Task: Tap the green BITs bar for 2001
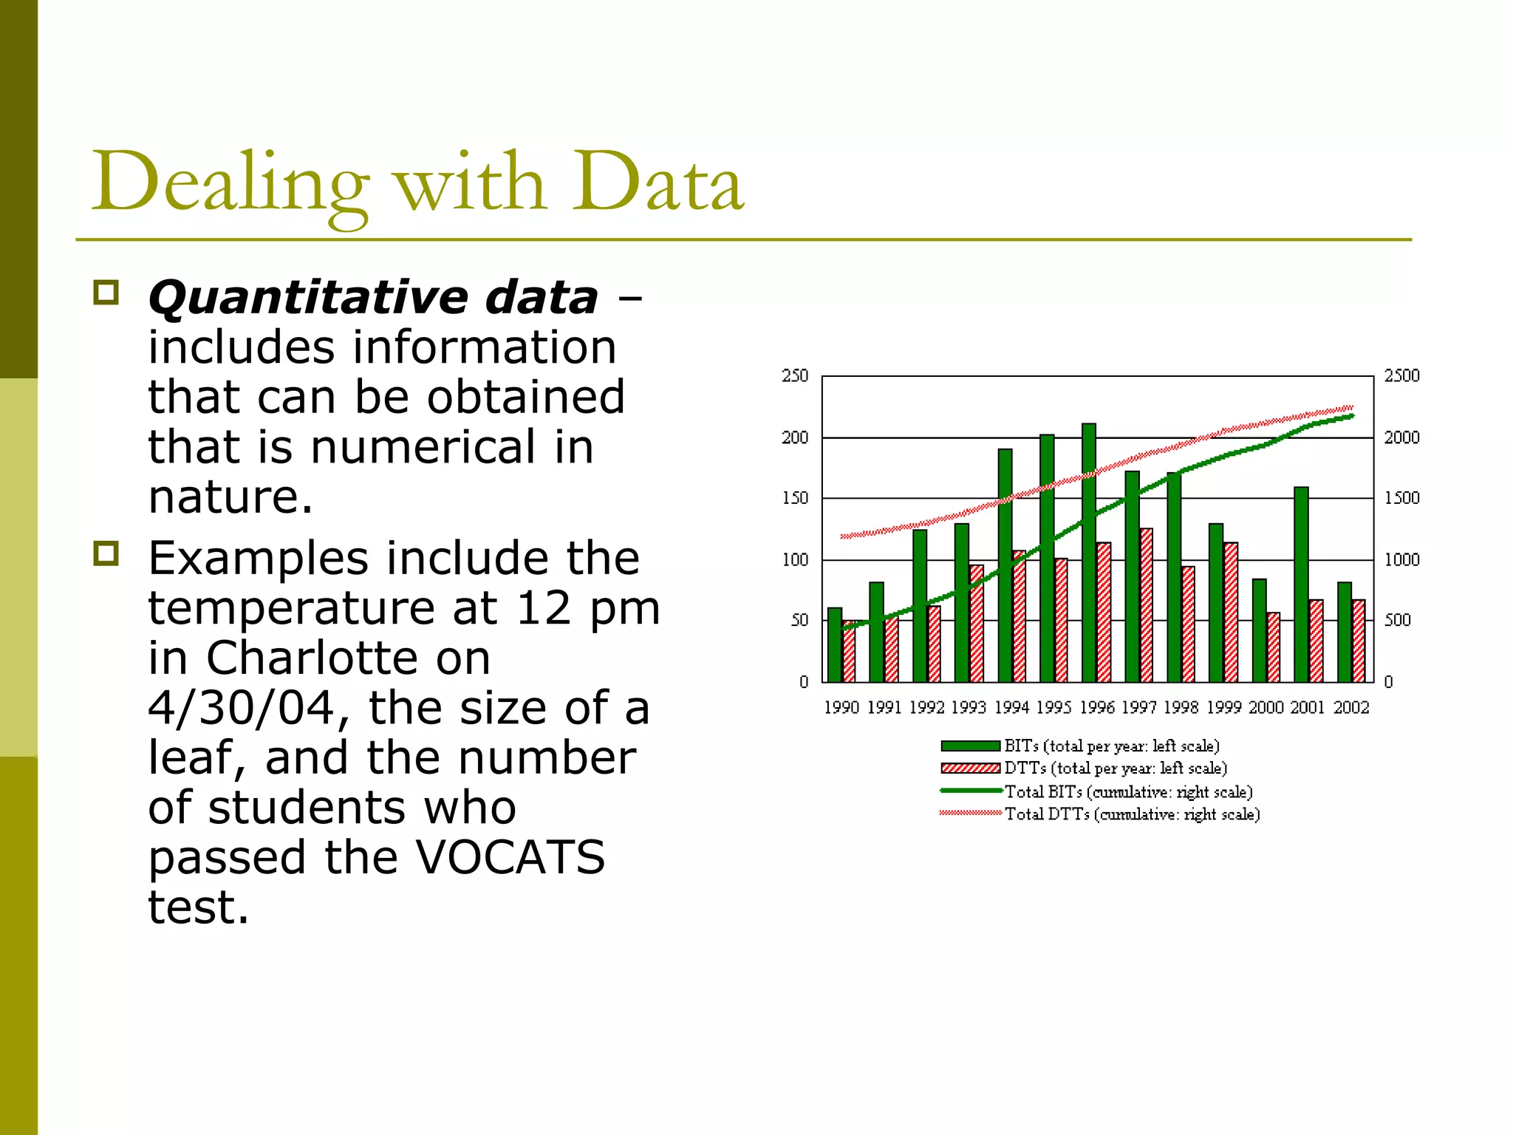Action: (x=1301, y=584)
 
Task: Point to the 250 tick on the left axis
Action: (x=795, y=376)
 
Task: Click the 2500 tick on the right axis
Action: (x=1401, y=376)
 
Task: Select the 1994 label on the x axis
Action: (x=1011, y=708)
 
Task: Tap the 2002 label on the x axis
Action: (x=1350, y=708)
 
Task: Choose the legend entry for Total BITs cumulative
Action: (x=1128, y=792)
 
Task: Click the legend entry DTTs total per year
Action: (x=1115, y=768)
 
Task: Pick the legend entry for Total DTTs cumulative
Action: (x=1132, y=814)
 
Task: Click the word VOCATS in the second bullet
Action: (x=510, y=857)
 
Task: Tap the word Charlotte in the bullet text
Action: (x=348, y=658)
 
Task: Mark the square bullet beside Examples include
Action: (x=106, y=553)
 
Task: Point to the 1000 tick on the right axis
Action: (x=1401, y=560)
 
